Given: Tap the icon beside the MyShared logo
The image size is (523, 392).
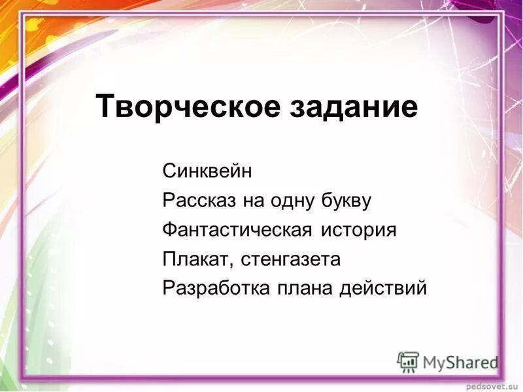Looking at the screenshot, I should (x=408, y=361).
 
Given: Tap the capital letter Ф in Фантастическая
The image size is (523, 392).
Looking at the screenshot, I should (x=169, y=230).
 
